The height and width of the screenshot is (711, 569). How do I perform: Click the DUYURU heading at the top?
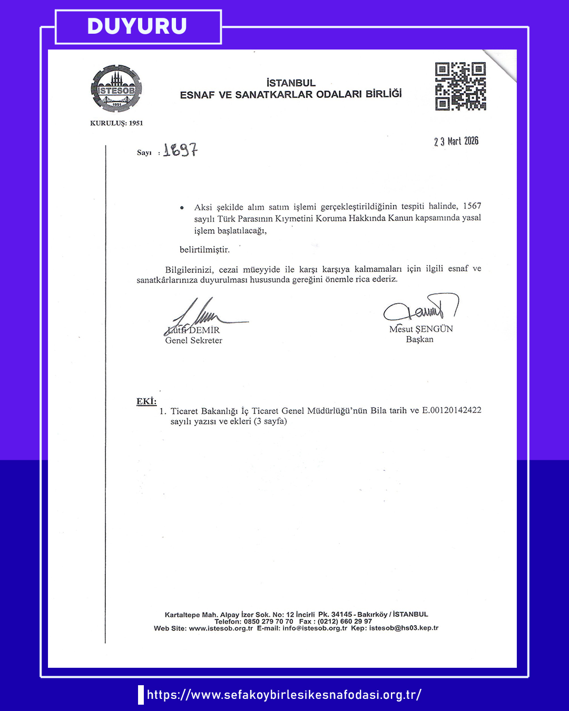point(137,26)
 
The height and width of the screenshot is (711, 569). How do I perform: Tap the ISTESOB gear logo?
point(116,88)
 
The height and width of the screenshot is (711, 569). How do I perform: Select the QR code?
point(460,86)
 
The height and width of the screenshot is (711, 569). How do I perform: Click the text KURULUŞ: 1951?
point(116,123)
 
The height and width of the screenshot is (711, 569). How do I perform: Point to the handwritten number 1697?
point(180,150)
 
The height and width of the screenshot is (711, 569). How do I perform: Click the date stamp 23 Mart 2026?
point(456,141)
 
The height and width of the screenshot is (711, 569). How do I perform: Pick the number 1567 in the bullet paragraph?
point(472,206)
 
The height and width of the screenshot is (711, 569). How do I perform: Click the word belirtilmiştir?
point(204,250)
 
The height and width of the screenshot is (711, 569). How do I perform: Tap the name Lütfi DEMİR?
point(193,330)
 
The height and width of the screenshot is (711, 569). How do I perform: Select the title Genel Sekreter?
point(193,341)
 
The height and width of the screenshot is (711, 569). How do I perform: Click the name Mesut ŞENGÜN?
point(421,329)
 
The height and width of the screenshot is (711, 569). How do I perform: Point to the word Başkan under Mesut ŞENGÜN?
point(419,340)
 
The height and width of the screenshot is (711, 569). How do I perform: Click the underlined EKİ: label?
point(146,401)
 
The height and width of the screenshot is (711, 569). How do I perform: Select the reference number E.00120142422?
point(452,410)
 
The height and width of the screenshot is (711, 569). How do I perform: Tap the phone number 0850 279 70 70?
point(268,621)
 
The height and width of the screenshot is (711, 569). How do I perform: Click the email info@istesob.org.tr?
point(315,628)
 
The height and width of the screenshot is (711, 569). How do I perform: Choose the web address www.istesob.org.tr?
point(221,628)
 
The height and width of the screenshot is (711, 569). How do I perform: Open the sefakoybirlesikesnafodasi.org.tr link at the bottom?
point(284,695)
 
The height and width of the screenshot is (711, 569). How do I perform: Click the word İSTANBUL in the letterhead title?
point(291,83)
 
